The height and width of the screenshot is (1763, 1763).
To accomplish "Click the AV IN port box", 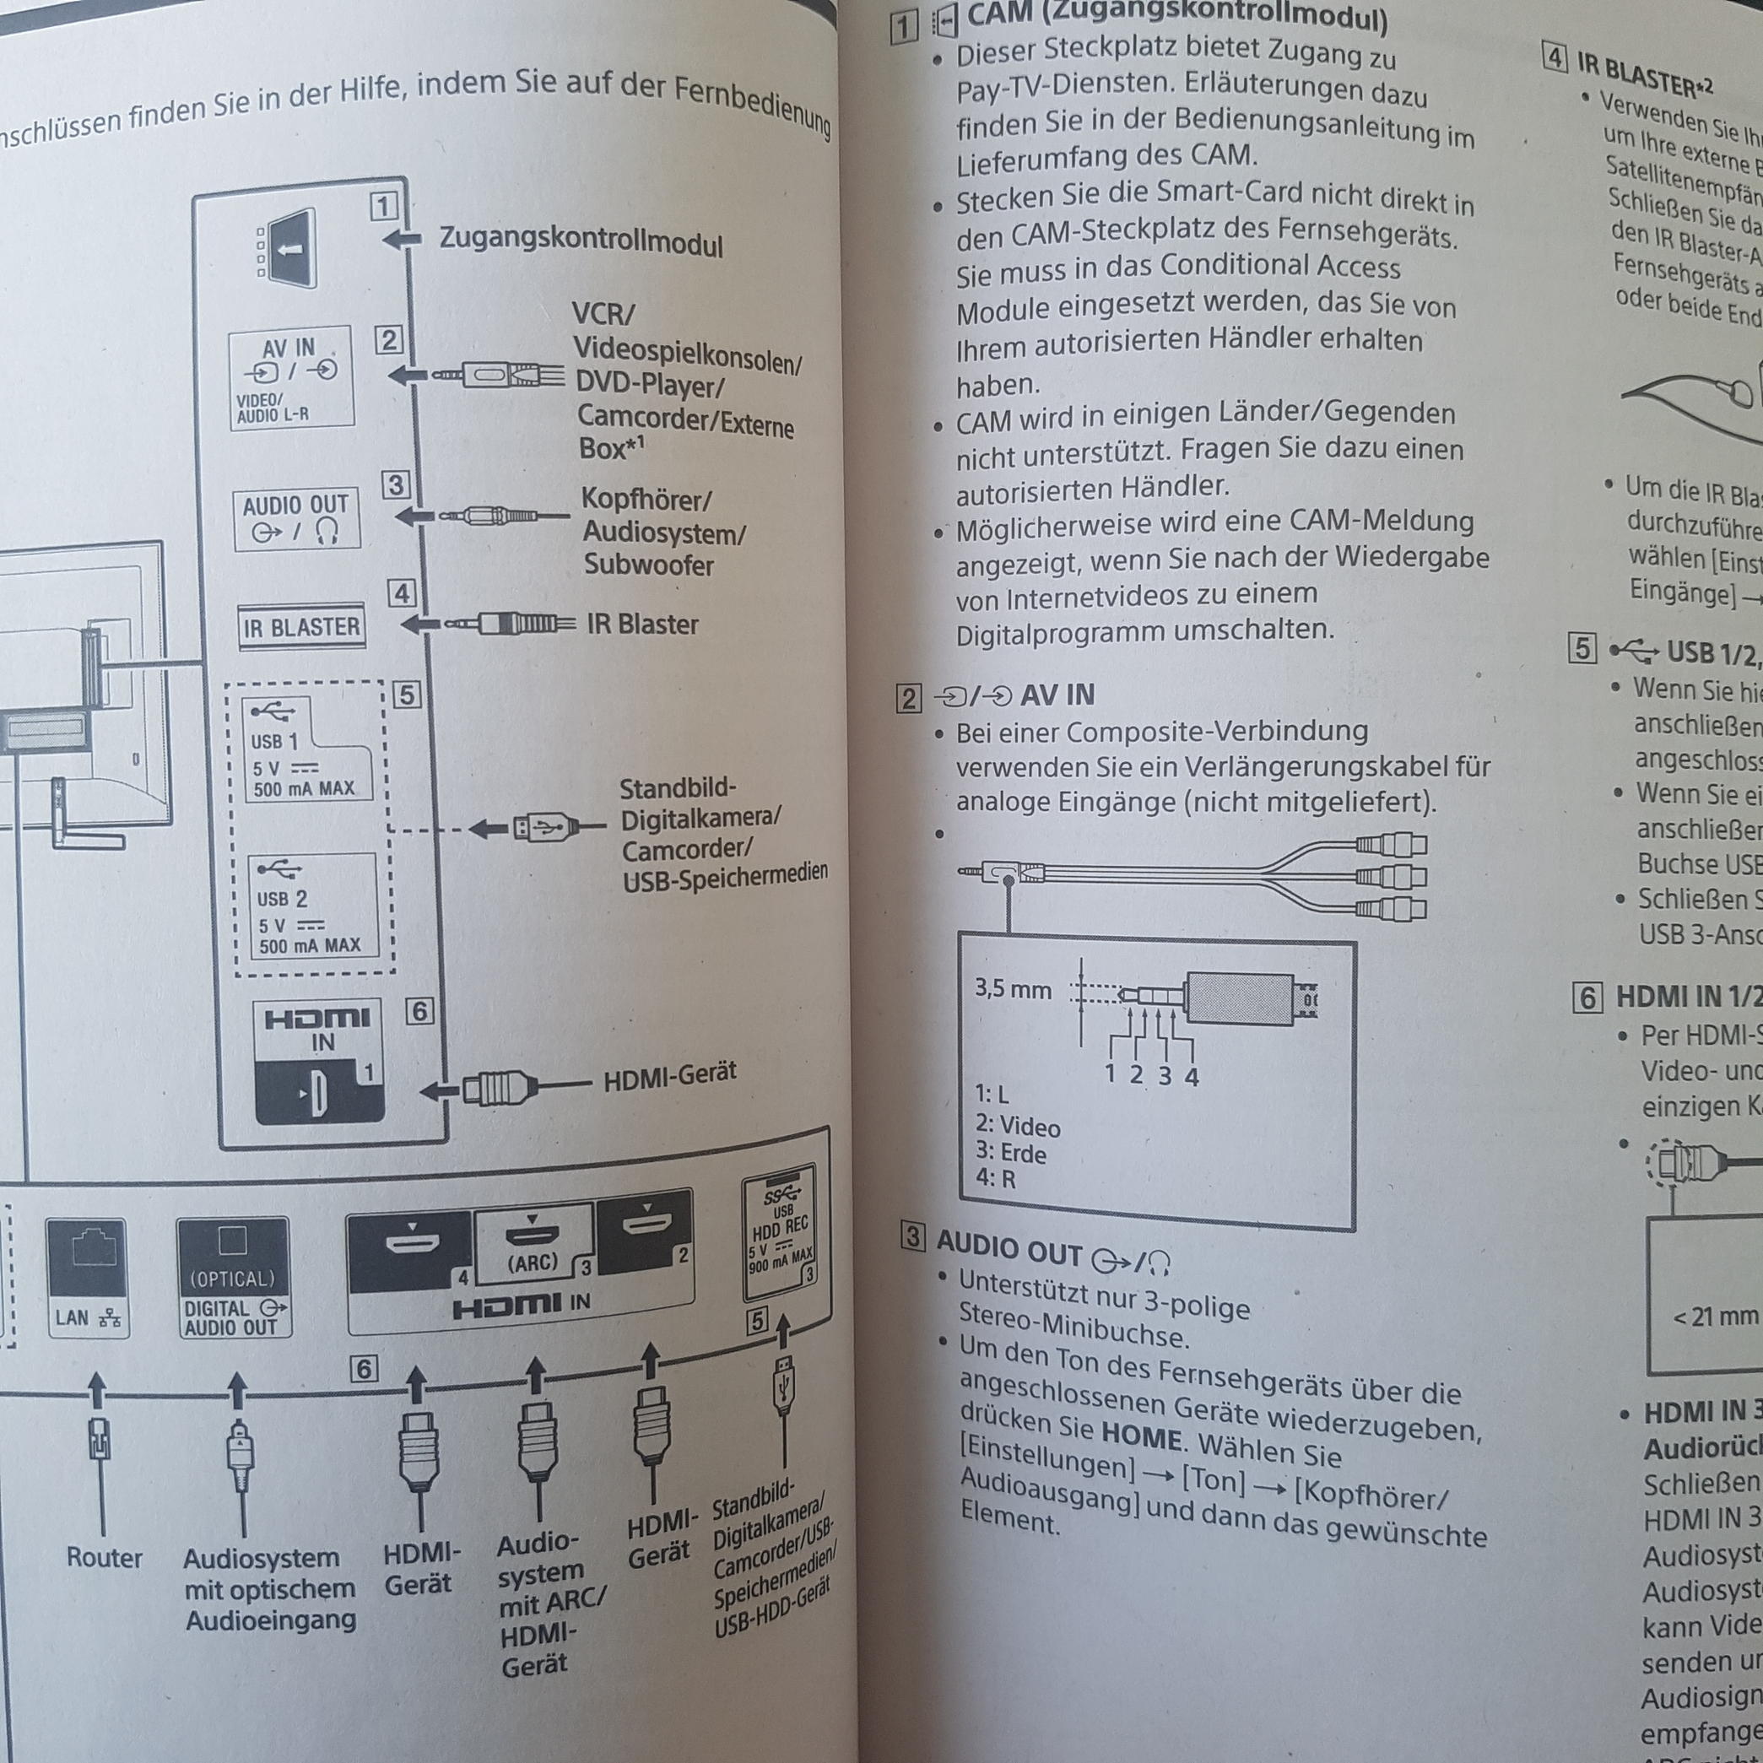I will point(291,377).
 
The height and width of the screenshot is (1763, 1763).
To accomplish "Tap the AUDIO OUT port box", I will point(296,519).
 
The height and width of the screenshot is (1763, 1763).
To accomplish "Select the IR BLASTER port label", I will point(301,627).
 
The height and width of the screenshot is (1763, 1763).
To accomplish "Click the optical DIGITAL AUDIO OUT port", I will point(234,1279).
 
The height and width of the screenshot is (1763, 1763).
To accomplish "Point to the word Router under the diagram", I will point(104,1558).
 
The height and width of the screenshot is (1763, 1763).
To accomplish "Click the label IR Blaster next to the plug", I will point(642,625).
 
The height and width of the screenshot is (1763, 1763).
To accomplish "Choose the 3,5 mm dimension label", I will point(1012,990).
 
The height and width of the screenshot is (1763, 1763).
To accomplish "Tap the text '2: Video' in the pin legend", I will point(1018,1126).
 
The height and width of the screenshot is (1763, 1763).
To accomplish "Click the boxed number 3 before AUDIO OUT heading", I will point(912,1238).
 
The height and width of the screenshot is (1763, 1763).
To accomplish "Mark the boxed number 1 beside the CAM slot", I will point(384,206).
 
